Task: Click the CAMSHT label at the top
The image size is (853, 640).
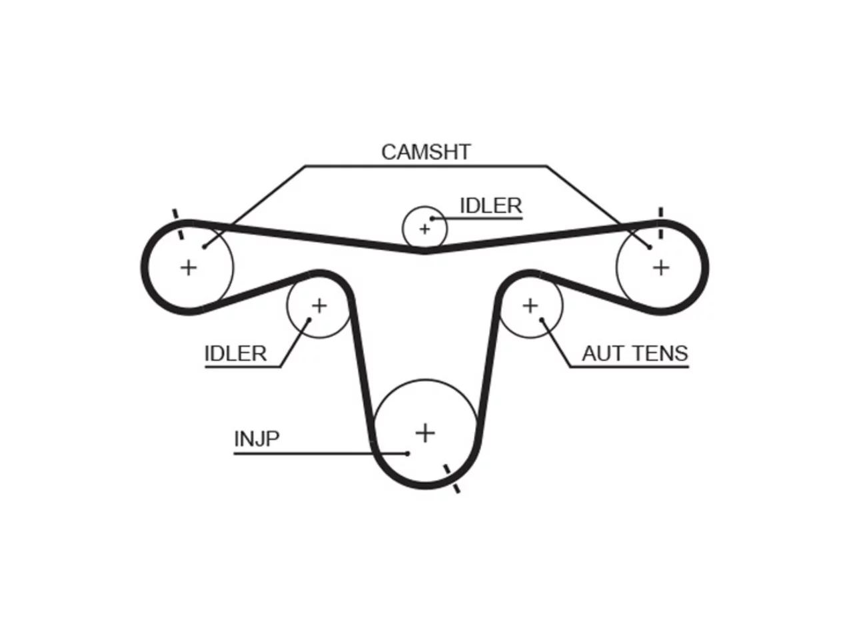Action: [x=426, y=152]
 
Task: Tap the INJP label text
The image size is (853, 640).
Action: [x=257, y=439]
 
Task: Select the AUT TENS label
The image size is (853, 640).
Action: [x=635, y=353]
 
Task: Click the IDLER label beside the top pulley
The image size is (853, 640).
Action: [x=491, y=205]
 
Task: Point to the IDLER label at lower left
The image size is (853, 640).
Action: [x=235, y=353]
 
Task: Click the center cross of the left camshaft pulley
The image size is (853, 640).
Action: [x=189, y=268]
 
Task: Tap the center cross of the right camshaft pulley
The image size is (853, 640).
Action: [x=661, y=268]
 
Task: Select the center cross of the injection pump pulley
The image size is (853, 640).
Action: [x=425, y=433]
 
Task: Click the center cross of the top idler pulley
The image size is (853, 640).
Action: [x=425, y=229]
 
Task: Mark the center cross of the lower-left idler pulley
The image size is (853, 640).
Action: [x=319, y=306]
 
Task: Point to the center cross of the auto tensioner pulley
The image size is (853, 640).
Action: [x=530, y=306]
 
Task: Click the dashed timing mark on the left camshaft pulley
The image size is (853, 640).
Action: [x=178, y=224]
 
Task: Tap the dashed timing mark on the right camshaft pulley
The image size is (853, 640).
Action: [x=660, y=223]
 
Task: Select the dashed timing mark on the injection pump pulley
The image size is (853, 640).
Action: [x=452, y=479]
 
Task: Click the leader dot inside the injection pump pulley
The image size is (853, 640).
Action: [x=407, y=453]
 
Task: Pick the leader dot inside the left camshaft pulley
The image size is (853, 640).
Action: [x=204, y=247]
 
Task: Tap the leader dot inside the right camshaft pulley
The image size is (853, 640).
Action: [x=649, y=247]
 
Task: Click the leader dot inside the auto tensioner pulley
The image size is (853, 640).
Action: [x=542, y=320]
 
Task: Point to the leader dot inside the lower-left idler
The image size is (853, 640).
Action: [x=309, y=320]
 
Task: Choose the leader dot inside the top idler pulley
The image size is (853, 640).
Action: [x=432, y=219]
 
